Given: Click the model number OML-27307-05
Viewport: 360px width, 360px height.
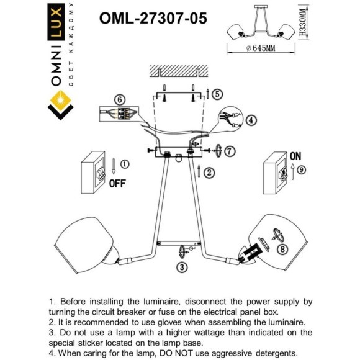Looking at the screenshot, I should point(153,18).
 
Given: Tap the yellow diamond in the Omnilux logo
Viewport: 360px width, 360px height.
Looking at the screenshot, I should point(60,99).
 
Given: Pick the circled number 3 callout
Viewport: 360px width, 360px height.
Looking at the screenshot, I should point(181,268).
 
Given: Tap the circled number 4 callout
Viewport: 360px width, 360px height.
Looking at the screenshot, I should point(251,120).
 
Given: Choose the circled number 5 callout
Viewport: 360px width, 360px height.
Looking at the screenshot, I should point(216,94).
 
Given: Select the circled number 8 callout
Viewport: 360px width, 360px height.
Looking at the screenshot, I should point(283,250).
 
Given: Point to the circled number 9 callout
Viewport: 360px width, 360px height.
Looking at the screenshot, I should point(301,169).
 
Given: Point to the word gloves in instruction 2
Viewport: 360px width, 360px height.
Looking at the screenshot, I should point(187,323).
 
